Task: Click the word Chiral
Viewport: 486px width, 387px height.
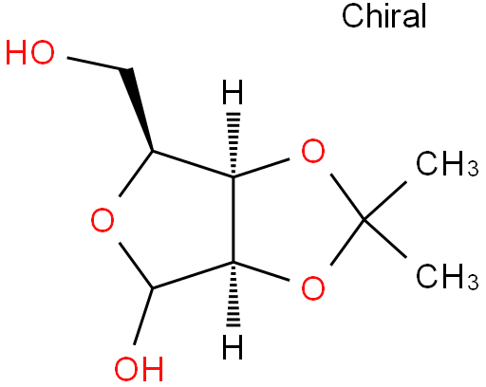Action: (384, 16)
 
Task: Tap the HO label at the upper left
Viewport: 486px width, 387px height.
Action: (30, 53)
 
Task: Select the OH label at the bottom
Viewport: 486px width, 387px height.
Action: (139, 368)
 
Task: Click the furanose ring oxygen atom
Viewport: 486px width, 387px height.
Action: (103, 220)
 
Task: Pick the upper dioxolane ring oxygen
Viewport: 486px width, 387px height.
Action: (313, 151)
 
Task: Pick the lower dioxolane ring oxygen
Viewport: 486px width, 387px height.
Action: (313, 287)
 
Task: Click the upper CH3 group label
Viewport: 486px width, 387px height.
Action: (447, 164)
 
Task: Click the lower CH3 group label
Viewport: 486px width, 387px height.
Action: (447, 276)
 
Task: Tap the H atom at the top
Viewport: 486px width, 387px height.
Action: (233, 92)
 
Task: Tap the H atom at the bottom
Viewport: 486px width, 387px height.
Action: (233, 347)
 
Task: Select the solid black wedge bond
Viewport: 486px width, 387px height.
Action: (136, 110)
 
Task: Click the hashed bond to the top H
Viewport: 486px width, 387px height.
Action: (234, 144)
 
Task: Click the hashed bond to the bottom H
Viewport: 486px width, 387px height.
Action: (234, 294)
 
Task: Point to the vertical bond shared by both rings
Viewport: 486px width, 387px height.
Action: (234, 219)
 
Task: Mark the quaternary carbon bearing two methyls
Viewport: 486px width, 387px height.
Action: (364, 219)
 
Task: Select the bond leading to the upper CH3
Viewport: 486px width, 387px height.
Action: (385, 200)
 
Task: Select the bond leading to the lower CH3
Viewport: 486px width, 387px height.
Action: (385, 238)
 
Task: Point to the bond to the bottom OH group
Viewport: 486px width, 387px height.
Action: (143, 316)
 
